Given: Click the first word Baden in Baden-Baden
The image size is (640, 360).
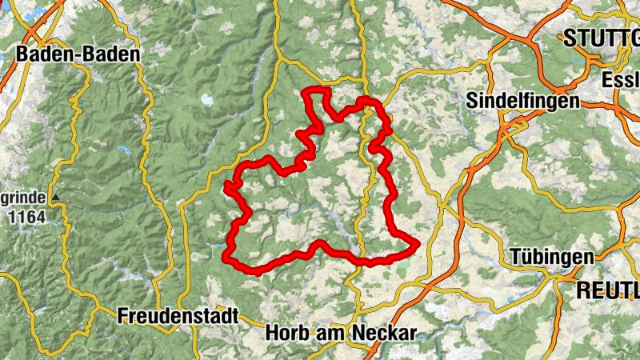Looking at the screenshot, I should (x=44, y=54).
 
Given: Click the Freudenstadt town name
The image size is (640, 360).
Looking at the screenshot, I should (x=178, y=316).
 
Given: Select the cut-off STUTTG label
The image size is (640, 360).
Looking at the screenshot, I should (x=601, y=37).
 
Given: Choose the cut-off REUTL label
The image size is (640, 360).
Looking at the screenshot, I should (x=607, y=290).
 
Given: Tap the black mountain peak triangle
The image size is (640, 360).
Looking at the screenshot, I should (x=55, y=196).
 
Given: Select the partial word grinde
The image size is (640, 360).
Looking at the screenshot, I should (x=22, y=197).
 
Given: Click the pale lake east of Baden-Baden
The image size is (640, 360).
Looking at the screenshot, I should (x=207, y=100).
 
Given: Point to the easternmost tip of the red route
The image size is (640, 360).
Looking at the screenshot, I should (x=417, y=244).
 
